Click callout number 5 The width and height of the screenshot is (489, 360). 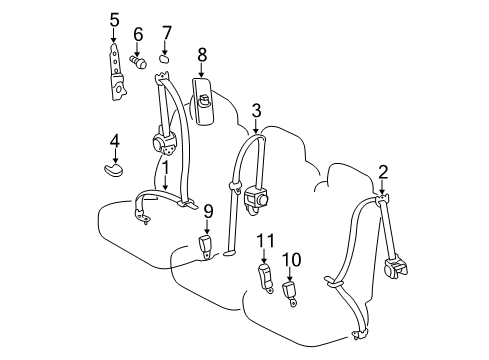pos(114,19)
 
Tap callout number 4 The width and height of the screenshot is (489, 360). pos(115,142)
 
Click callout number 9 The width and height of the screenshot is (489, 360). pos(208,211)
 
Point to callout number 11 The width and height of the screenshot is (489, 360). pos(264,240)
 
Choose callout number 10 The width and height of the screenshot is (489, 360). pos(291,259)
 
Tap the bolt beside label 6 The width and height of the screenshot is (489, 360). pos(140,61)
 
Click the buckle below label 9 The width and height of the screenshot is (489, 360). pos(207,245)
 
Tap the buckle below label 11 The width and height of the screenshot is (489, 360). pos(266,277)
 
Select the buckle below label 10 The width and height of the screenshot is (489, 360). pos(292,292)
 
